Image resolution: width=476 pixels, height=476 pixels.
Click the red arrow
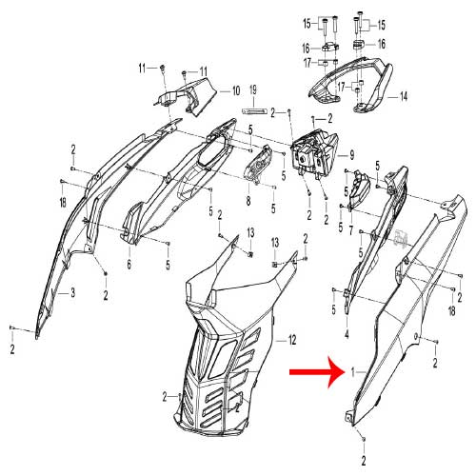click(x=317, y=372)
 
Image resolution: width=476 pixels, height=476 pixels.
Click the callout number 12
click(x=292, y=341)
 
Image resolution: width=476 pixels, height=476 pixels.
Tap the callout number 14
click(x=403, y=96)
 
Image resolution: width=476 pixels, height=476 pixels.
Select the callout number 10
click(x=236, y=91)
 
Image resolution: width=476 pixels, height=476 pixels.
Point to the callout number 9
click(x=351, y=155)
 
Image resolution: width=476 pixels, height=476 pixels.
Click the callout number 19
click(x=253, y=90)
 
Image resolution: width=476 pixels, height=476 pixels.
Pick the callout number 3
click(x=72, y=292)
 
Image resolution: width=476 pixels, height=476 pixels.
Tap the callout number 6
click(x=129, y=264)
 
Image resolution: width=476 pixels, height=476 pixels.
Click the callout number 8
click(x=248, y=201)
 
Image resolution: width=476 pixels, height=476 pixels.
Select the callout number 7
click(x=350, y=230)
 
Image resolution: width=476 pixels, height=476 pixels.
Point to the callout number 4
click(x=347, y=334)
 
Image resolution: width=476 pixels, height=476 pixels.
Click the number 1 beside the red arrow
click(x=352, y=372)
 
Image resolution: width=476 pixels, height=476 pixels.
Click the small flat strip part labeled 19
click(x=253, y=110)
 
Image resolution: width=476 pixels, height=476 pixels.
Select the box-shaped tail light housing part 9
click(x=315, y=151)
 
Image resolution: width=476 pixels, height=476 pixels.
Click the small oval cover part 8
click(x=258, y=164)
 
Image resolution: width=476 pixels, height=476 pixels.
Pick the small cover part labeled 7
click(x=359, y=188)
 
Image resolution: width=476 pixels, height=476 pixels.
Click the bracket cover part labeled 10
click(x=188, y=96)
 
